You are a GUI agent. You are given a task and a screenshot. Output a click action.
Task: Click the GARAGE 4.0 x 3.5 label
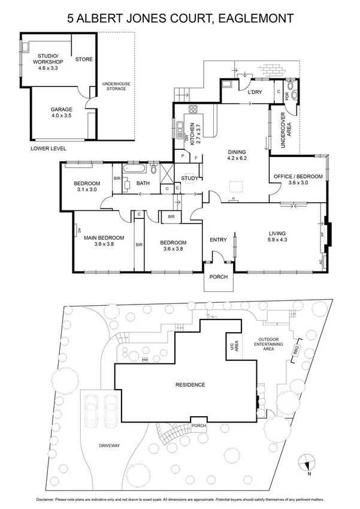(60, 112)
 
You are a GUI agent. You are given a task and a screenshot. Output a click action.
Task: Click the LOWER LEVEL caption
(50, 147)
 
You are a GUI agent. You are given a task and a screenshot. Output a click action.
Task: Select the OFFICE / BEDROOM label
(298, 179)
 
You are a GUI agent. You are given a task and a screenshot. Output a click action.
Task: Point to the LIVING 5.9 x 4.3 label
(277, 236)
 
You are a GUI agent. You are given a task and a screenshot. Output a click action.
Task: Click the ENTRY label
(218, 240)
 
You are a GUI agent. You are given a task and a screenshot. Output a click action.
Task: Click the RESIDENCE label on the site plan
(190, 384)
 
